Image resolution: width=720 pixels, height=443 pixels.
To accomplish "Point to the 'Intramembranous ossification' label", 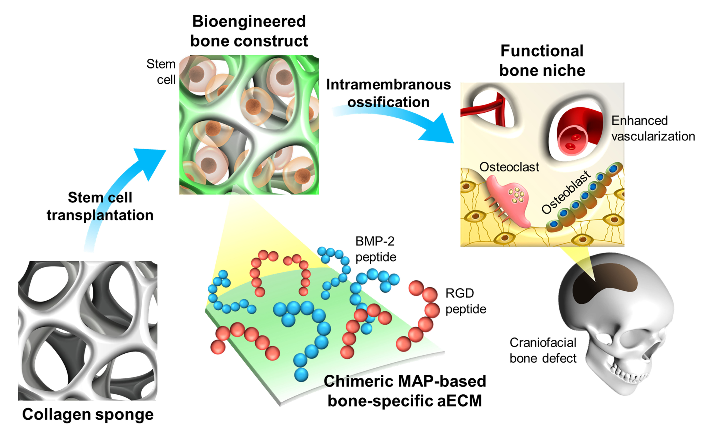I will click(x=388, y=93).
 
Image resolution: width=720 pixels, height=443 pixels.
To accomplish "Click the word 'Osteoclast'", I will click(x=509, y=167).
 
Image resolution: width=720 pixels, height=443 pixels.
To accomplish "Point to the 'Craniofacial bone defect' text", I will click(x=543, y=350).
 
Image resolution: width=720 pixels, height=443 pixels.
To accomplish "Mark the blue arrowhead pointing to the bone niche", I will click(x=439, y=130).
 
